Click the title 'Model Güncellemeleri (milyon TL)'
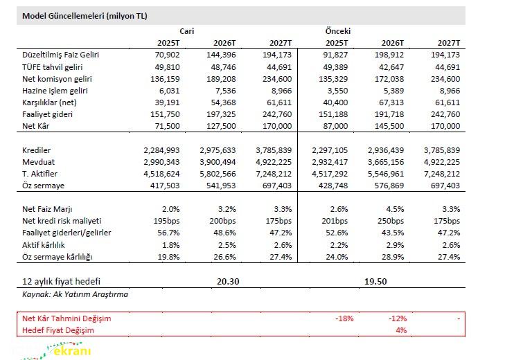click(85, 15)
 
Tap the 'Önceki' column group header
click(337, 31)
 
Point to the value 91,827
click(335, 55)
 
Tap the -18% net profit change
click(344, 318)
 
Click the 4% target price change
click(401, 330)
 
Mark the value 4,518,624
click(161, 174)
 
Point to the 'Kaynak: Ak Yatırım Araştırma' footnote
click(76, 294)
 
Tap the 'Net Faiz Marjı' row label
click(48, 209)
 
